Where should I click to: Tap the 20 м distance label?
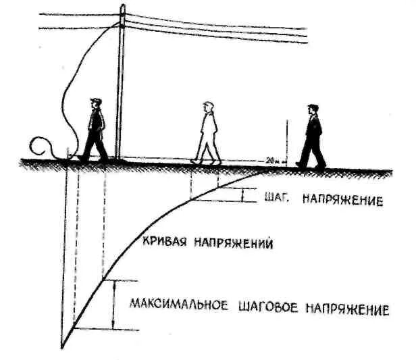click(x=271, y=160)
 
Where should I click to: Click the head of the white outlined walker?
click(x=209, y=107)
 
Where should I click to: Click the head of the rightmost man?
click(x=312, y=108)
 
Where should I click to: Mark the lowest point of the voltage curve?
click(x=63, y=349)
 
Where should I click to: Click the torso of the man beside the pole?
click(x=96, y=122)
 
